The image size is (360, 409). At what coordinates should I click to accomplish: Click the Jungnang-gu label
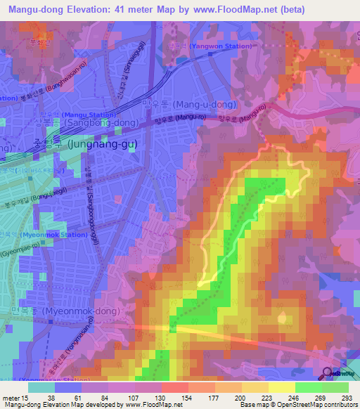click(x=103, y=144)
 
